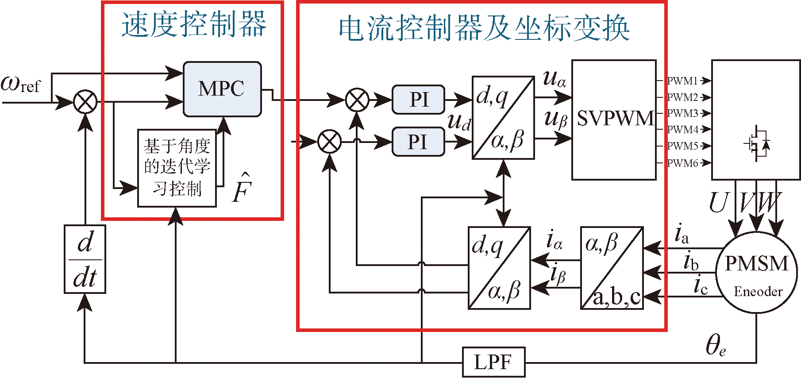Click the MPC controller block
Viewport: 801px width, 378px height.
click(222, 89)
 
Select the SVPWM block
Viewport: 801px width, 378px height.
click(614, 120)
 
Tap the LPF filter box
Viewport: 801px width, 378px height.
click(493, 362)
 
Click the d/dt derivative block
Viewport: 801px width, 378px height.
click(85, 259)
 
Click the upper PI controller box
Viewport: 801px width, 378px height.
click(418, 100)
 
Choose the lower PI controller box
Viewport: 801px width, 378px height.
click(418, 142)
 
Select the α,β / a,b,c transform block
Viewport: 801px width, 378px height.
click(612, 268)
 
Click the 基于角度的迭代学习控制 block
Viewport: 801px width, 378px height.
click(177, 168)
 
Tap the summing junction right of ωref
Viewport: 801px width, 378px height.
click(85, 102)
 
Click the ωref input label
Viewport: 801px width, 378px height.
click(20, 84)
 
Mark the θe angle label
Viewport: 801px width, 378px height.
click(715, 345)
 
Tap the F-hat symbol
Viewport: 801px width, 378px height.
click(242, 188)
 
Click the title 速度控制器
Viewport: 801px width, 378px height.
click(194, 24)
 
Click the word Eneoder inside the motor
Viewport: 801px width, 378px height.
click(758, 291)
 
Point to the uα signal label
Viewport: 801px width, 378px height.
click(554, 79)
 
